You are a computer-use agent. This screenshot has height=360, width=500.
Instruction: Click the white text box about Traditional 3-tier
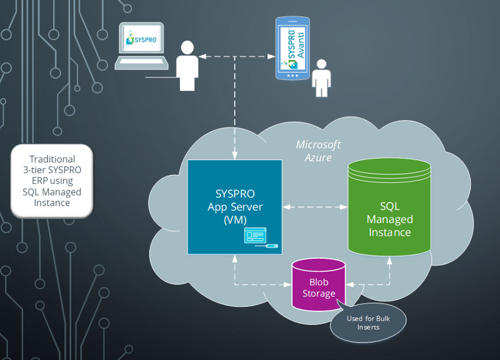52,181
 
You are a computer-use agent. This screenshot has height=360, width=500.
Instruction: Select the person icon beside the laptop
186,66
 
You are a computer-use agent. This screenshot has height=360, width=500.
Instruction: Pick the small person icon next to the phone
322,78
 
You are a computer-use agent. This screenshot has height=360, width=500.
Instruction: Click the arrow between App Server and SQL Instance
314,206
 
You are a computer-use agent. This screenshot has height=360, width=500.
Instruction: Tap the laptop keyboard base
142,62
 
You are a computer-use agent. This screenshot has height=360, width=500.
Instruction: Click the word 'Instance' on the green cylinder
389,232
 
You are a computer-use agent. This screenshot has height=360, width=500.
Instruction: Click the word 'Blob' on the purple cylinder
319,282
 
